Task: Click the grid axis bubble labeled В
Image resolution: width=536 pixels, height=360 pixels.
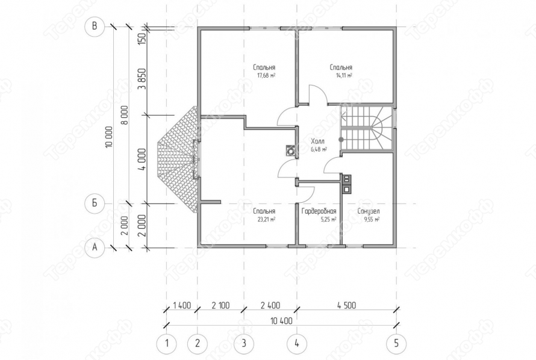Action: (x=95, y=26)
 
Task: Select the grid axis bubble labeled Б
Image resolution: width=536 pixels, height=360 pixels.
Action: (x=95, y=203)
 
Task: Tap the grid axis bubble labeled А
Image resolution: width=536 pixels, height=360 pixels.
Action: (x=95, y=247)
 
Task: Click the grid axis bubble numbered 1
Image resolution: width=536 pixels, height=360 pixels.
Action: (x=166, y=343)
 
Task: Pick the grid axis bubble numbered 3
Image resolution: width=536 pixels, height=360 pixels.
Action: (x=244, y=343)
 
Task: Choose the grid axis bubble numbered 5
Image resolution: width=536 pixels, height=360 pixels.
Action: (x=396, y=343)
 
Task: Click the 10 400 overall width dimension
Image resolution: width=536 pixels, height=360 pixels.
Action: (x=281, y=321)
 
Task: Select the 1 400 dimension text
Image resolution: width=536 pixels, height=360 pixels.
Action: (x=182, y=305)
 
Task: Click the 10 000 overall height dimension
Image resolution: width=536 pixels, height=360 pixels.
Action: (x=110, y=137)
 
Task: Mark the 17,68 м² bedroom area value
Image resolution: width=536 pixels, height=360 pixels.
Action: (x=266, y=75)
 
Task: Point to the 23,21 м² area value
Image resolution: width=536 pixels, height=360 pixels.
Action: (x=267, y=219)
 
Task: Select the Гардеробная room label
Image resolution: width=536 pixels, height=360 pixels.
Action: (x=319, y=211)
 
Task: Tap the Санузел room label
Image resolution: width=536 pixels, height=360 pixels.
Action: (x=369, y=211)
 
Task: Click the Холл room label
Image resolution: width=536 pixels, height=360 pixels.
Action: (x=318, y=141)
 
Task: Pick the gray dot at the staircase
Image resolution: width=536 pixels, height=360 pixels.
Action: (x=341, y=139)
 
